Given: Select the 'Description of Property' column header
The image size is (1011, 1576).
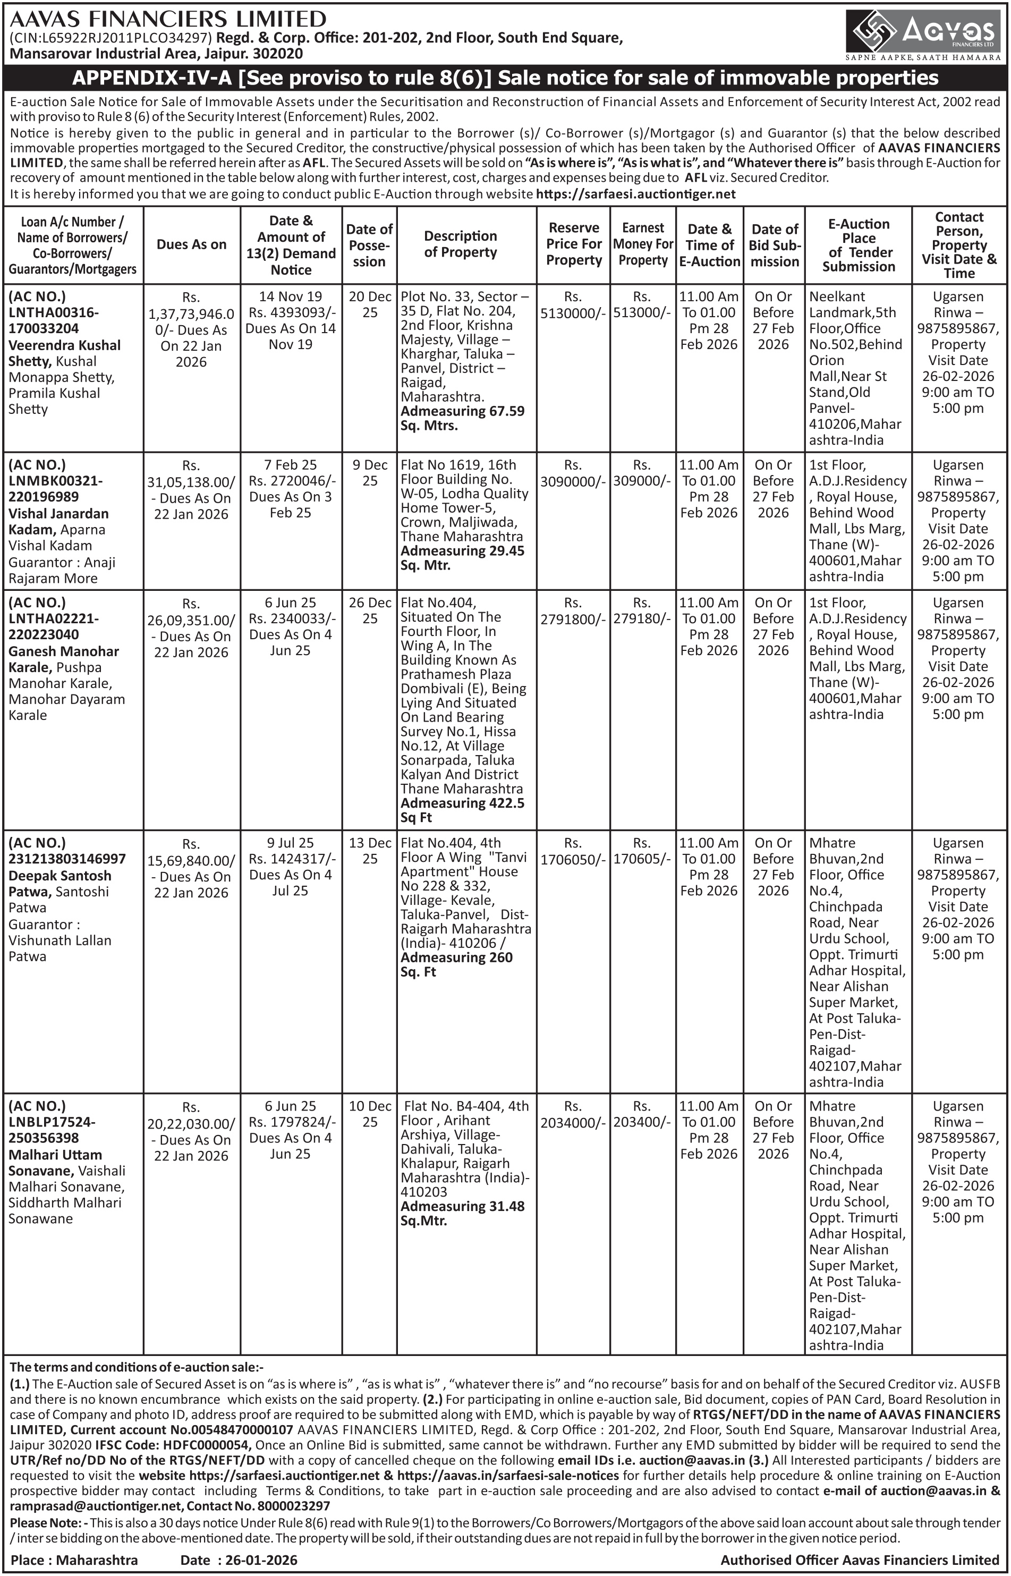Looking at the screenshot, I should [x=460, y=244].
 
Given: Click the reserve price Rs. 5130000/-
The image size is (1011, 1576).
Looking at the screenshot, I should [x=573, y=305].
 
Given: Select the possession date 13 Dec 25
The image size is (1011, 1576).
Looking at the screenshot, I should [x=370, y=851].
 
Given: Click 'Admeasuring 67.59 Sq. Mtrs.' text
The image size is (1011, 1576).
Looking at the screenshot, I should [x=462, y=418].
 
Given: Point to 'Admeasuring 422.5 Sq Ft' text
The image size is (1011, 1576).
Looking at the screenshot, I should [x=462, y=810].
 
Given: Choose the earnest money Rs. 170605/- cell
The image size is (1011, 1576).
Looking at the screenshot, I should [x=642, y=851].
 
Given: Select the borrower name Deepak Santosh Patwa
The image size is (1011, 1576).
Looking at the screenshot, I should [x=59, y=884].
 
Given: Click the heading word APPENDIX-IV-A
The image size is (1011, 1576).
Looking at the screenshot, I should [x=151, y=78].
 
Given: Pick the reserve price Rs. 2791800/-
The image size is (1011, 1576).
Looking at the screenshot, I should [x=573, y=611].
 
